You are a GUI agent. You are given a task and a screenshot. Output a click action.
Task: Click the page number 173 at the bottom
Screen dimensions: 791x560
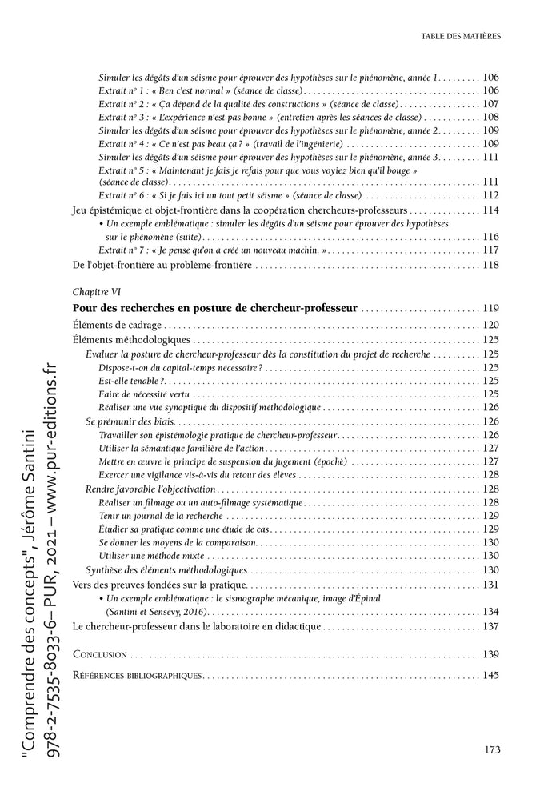tap(492, 749)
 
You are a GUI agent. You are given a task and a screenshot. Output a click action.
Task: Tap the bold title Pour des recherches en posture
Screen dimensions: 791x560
tap(215, 308)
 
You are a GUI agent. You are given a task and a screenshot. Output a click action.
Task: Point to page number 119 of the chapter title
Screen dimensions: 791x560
tap(490, 309)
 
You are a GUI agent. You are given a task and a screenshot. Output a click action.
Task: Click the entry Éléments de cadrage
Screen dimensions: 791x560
tap(117, 325)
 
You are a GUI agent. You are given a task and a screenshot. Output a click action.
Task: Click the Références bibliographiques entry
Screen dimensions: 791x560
tap(137, 675)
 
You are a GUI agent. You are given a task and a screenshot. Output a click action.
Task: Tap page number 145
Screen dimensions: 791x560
tap(490, 675)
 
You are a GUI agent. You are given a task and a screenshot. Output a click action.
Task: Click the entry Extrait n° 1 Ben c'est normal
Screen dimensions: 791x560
tap(192, 90)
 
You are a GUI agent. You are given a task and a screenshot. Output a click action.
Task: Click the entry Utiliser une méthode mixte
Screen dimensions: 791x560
tap(154, 556)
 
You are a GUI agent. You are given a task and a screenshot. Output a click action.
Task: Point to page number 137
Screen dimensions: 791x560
tap(490, 626)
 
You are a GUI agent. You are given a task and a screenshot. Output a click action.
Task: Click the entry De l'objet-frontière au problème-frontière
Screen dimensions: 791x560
tap(162, 265)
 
